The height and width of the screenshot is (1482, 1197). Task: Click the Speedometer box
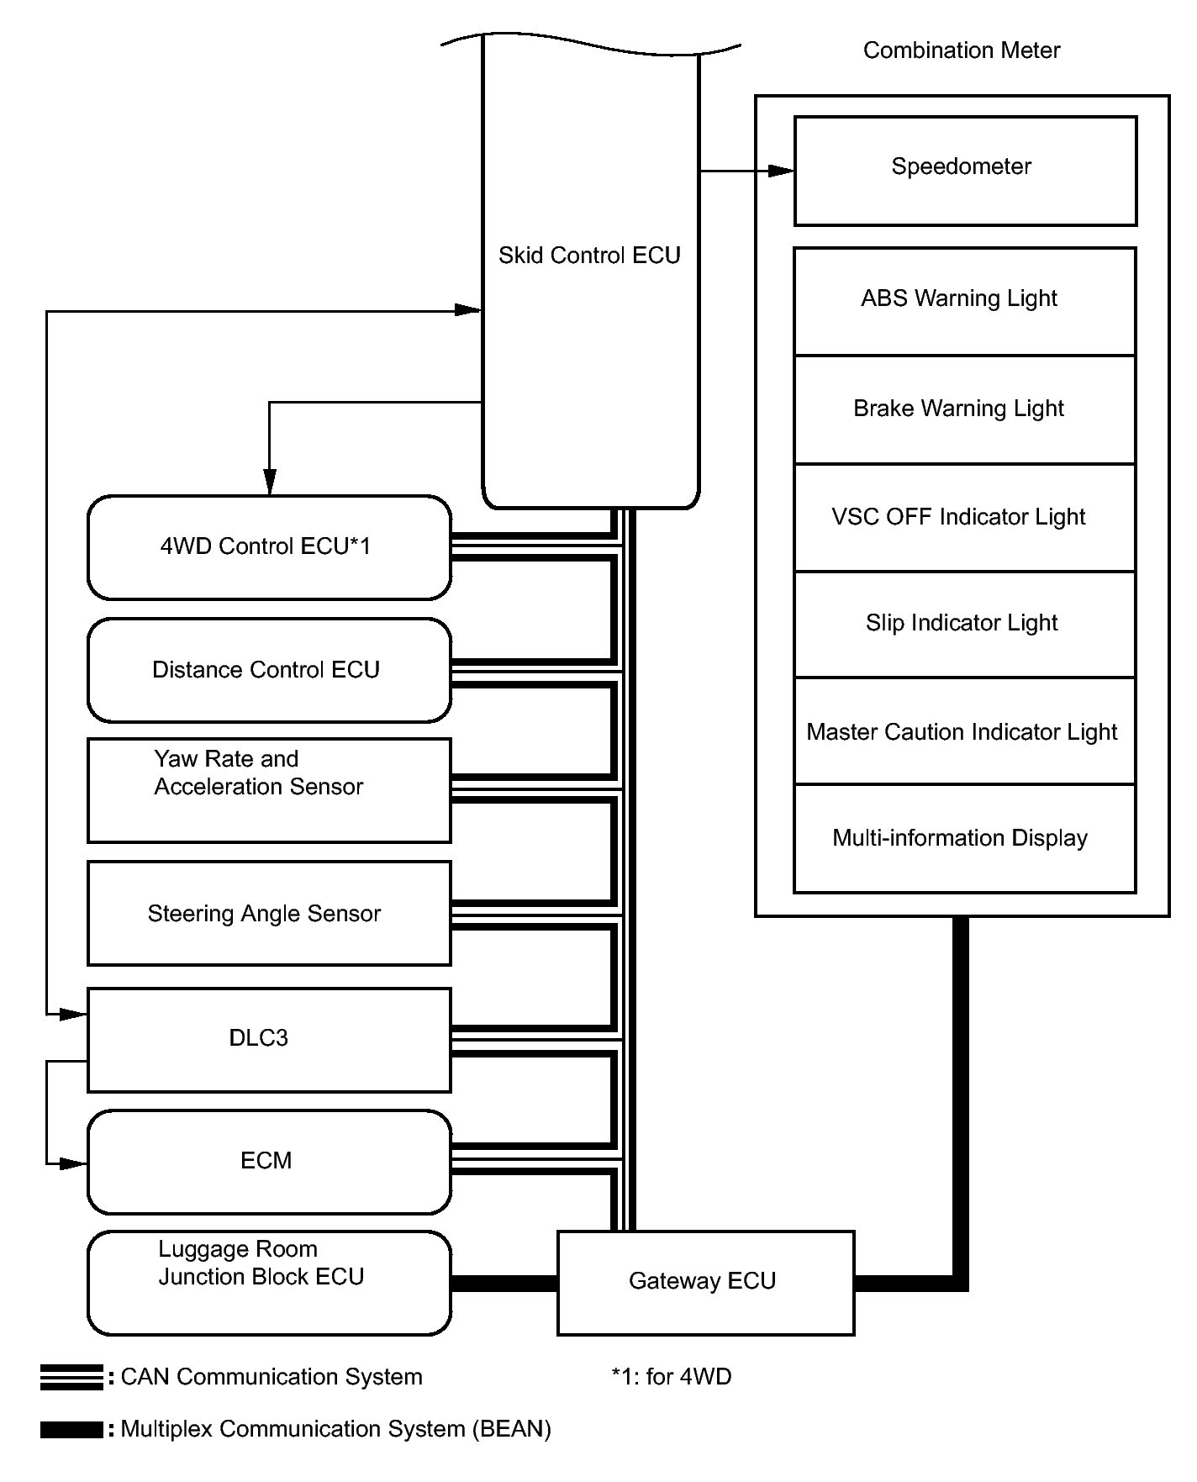(965, 171)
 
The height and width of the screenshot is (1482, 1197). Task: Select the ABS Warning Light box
(964, 301)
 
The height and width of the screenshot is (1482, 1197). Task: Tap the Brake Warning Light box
(964, 409)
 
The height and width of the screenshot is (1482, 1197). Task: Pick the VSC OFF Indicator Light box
(964, 517)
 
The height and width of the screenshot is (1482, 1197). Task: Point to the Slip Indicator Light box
(964, 624)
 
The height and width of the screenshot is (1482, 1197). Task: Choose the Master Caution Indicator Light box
(964, 731)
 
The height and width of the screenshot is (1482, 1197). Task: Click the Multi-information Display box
(964, 838)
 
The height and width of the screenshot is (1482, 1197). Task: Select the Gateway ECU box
(705, 1282)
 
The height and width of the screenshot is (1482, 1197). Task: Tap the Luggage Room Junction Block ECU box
(269, 1282)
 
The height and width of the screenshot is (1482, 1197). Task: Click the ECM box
(269, 1162)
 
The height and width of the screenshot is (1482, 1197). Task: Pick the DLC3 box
(269, 1039)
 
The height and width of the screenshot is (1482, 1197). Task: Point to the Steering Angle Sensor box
(269, 913)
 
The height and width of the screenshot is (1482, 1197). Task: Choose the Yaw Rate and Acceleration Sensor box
(269, 790)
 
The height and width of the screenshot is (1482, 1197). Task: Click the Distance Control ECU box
(269, 670)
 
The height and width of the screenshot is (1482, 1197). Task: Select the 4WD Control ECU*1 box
(269, 547)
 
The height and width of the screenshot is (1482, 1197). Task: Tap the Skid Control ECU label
(589, 256)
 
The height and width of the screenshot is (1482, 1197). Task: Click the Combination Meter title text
(961, 50)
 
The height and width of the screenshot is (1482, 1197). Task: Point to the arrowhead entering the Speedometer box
(781, 171)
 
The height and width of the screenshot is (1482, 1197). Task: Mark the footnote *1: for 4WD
(671, 1377)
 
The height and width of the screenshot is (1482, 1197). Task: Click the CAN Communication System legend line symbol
(71, 1377)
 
